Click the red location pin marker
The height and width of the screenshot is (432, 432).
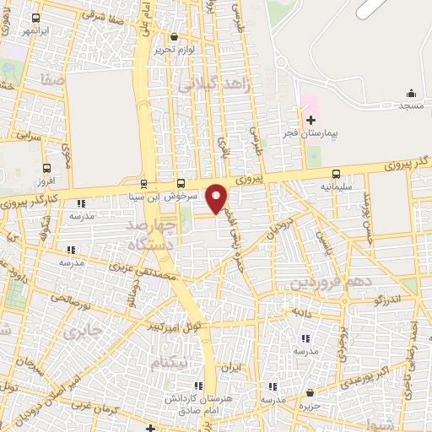[217, 198]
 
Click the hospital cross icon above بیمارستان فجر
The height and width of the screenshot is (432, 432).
[310, 121]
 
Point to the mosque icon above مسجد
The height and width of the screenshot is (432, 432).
[411, 93]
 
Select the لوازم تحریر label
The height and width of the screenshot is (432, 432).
[175, 49]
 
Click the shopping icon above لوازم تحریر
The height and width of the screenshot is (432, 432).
[175, 36]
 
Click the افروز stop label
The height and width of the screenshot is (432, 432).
[46, 181]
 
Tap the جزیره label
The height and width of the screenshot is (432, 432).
[312, 405]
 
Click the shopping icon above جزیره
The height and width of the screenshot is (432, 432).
[311, 392]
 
